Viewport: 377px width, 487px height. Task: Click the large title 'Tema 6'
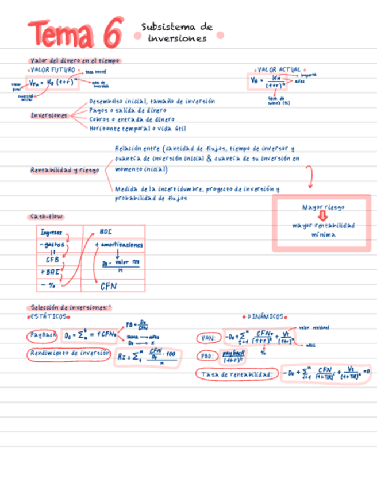pos(75,33)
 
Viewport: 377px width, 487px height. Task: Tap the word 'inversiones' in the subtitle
pos(177,39)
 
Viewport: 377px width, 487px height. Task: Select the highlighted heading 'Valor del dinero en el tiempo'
pos(75,61)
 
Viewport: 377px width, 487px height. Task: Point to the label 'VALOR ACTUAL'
pos(279,69)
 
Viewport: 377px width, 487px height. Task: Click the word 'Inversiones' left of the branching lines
pos(49,115)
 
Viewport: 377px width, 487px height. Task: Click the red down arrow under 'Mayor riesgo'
pos(322,216)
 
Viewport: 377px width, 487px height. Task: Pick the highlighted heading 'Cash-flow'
pos(46,217)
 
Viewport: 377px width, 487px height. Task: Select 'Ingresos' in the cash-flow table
pos(51,233)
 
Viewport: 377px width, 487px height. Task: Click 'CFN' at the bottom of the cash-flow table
pos(109,285)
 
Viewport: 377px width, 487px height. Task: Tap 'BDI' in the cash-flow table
pos(106,231)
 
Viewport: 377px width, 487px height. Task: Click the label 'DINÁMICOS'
pos(266,316)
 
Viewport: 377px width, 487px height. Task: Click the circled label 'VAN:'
pos(207,338)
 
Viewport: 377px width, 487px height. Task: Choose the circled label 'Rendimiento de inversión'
pos(69,354)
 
